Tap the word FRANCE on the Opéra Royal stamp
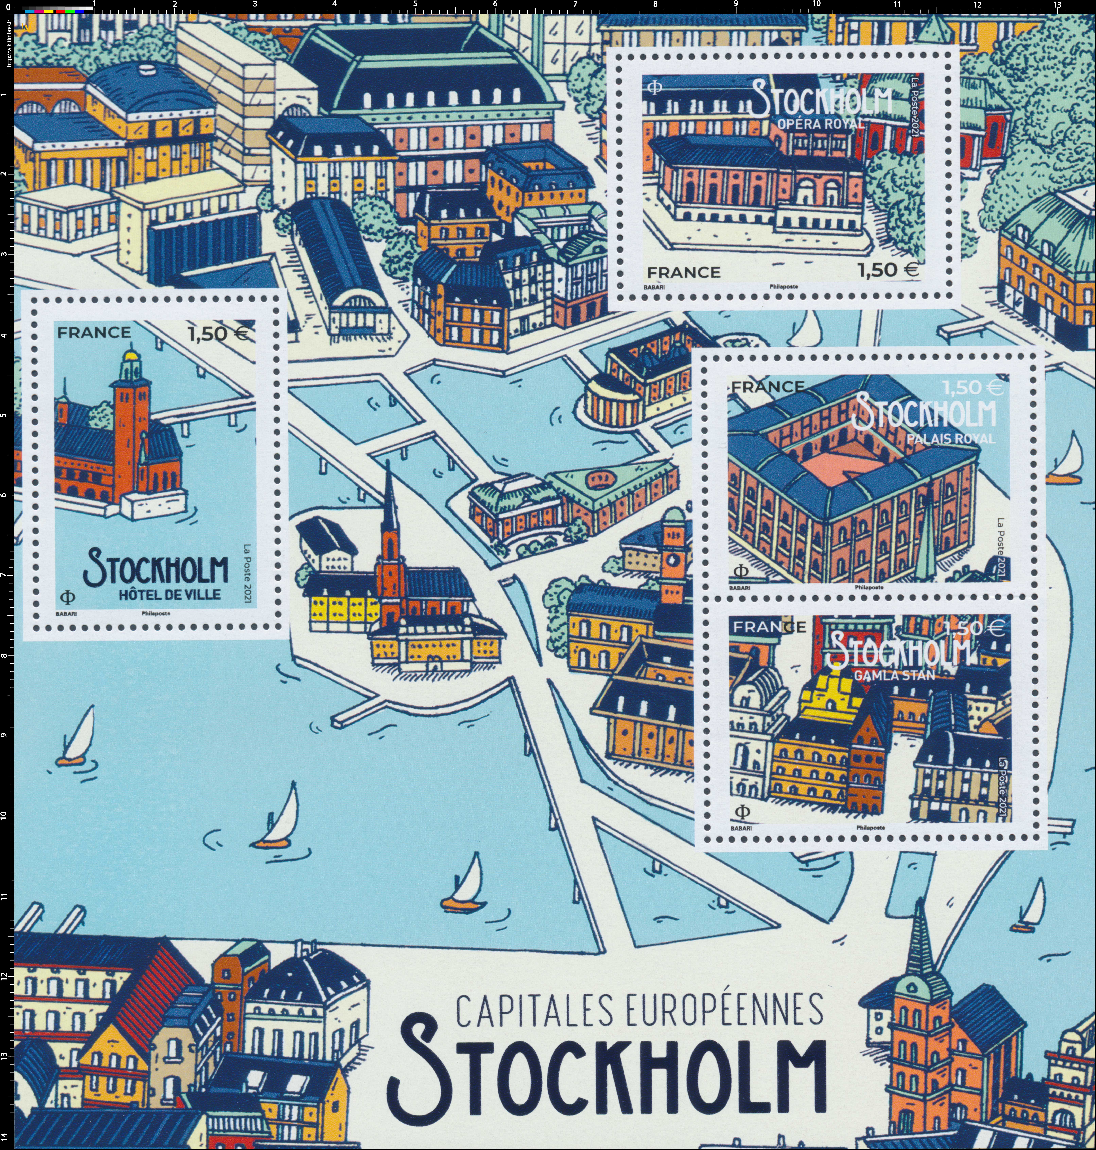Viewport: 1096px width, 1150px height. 683,272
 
